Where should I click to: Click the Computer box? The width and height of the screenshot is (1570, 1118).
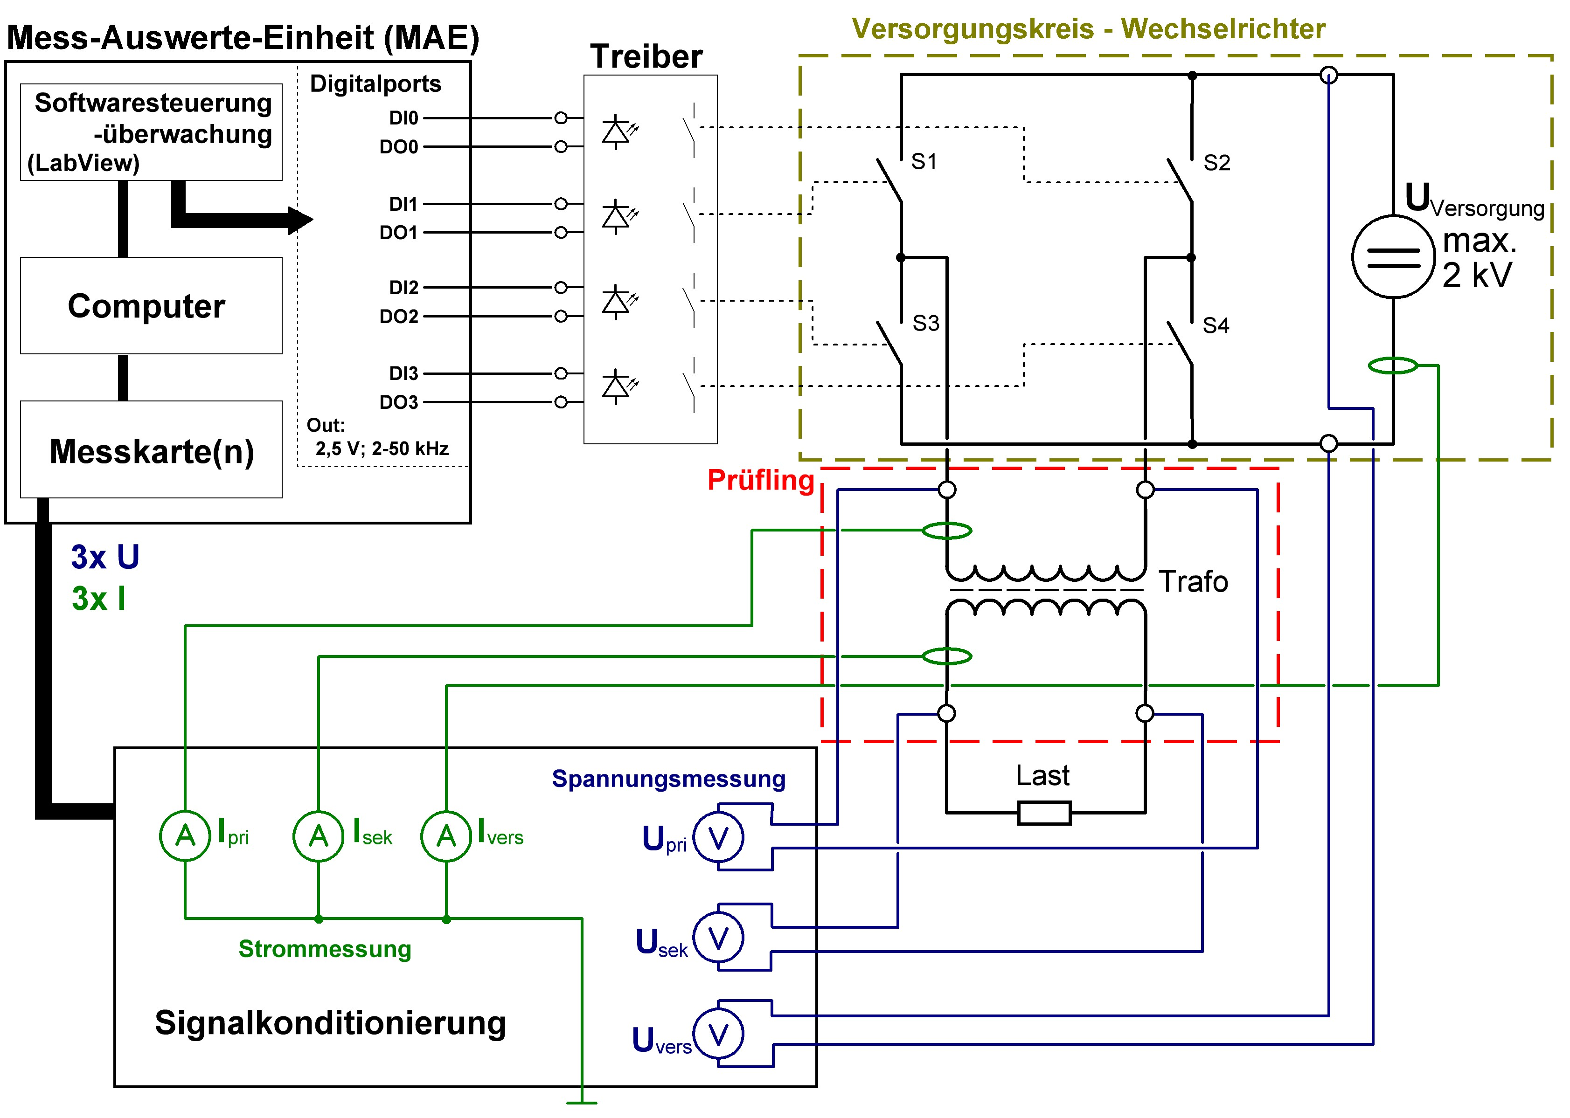point(151,306)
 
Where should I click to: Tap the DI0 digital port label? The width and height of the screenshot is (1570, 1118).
point(403,118)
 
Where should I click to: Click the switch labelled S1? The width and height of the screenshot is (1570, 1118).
point(889,180)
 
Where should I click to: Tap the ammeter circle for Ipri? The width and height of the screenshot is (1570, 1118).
point(185,836)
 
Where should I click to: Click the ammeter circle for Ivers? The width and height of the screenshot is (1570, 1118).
point(446,836)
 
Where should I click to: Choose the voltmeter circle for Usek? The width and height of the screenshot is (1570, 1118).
point(718,938)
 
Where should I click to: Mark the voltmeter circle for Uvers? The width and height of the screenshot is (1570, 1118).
point(718,1034)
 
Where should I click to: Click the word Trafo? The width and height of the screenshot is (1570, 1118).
point(1193,582)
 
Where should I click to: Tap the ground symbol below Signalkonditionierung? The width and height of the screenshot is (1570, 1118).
point(581,1102)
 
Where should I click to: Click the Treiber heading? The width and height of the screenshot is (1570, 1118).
point(646,56)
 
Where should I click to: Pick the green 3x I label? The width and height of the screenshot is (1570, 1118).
point(98,599)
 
